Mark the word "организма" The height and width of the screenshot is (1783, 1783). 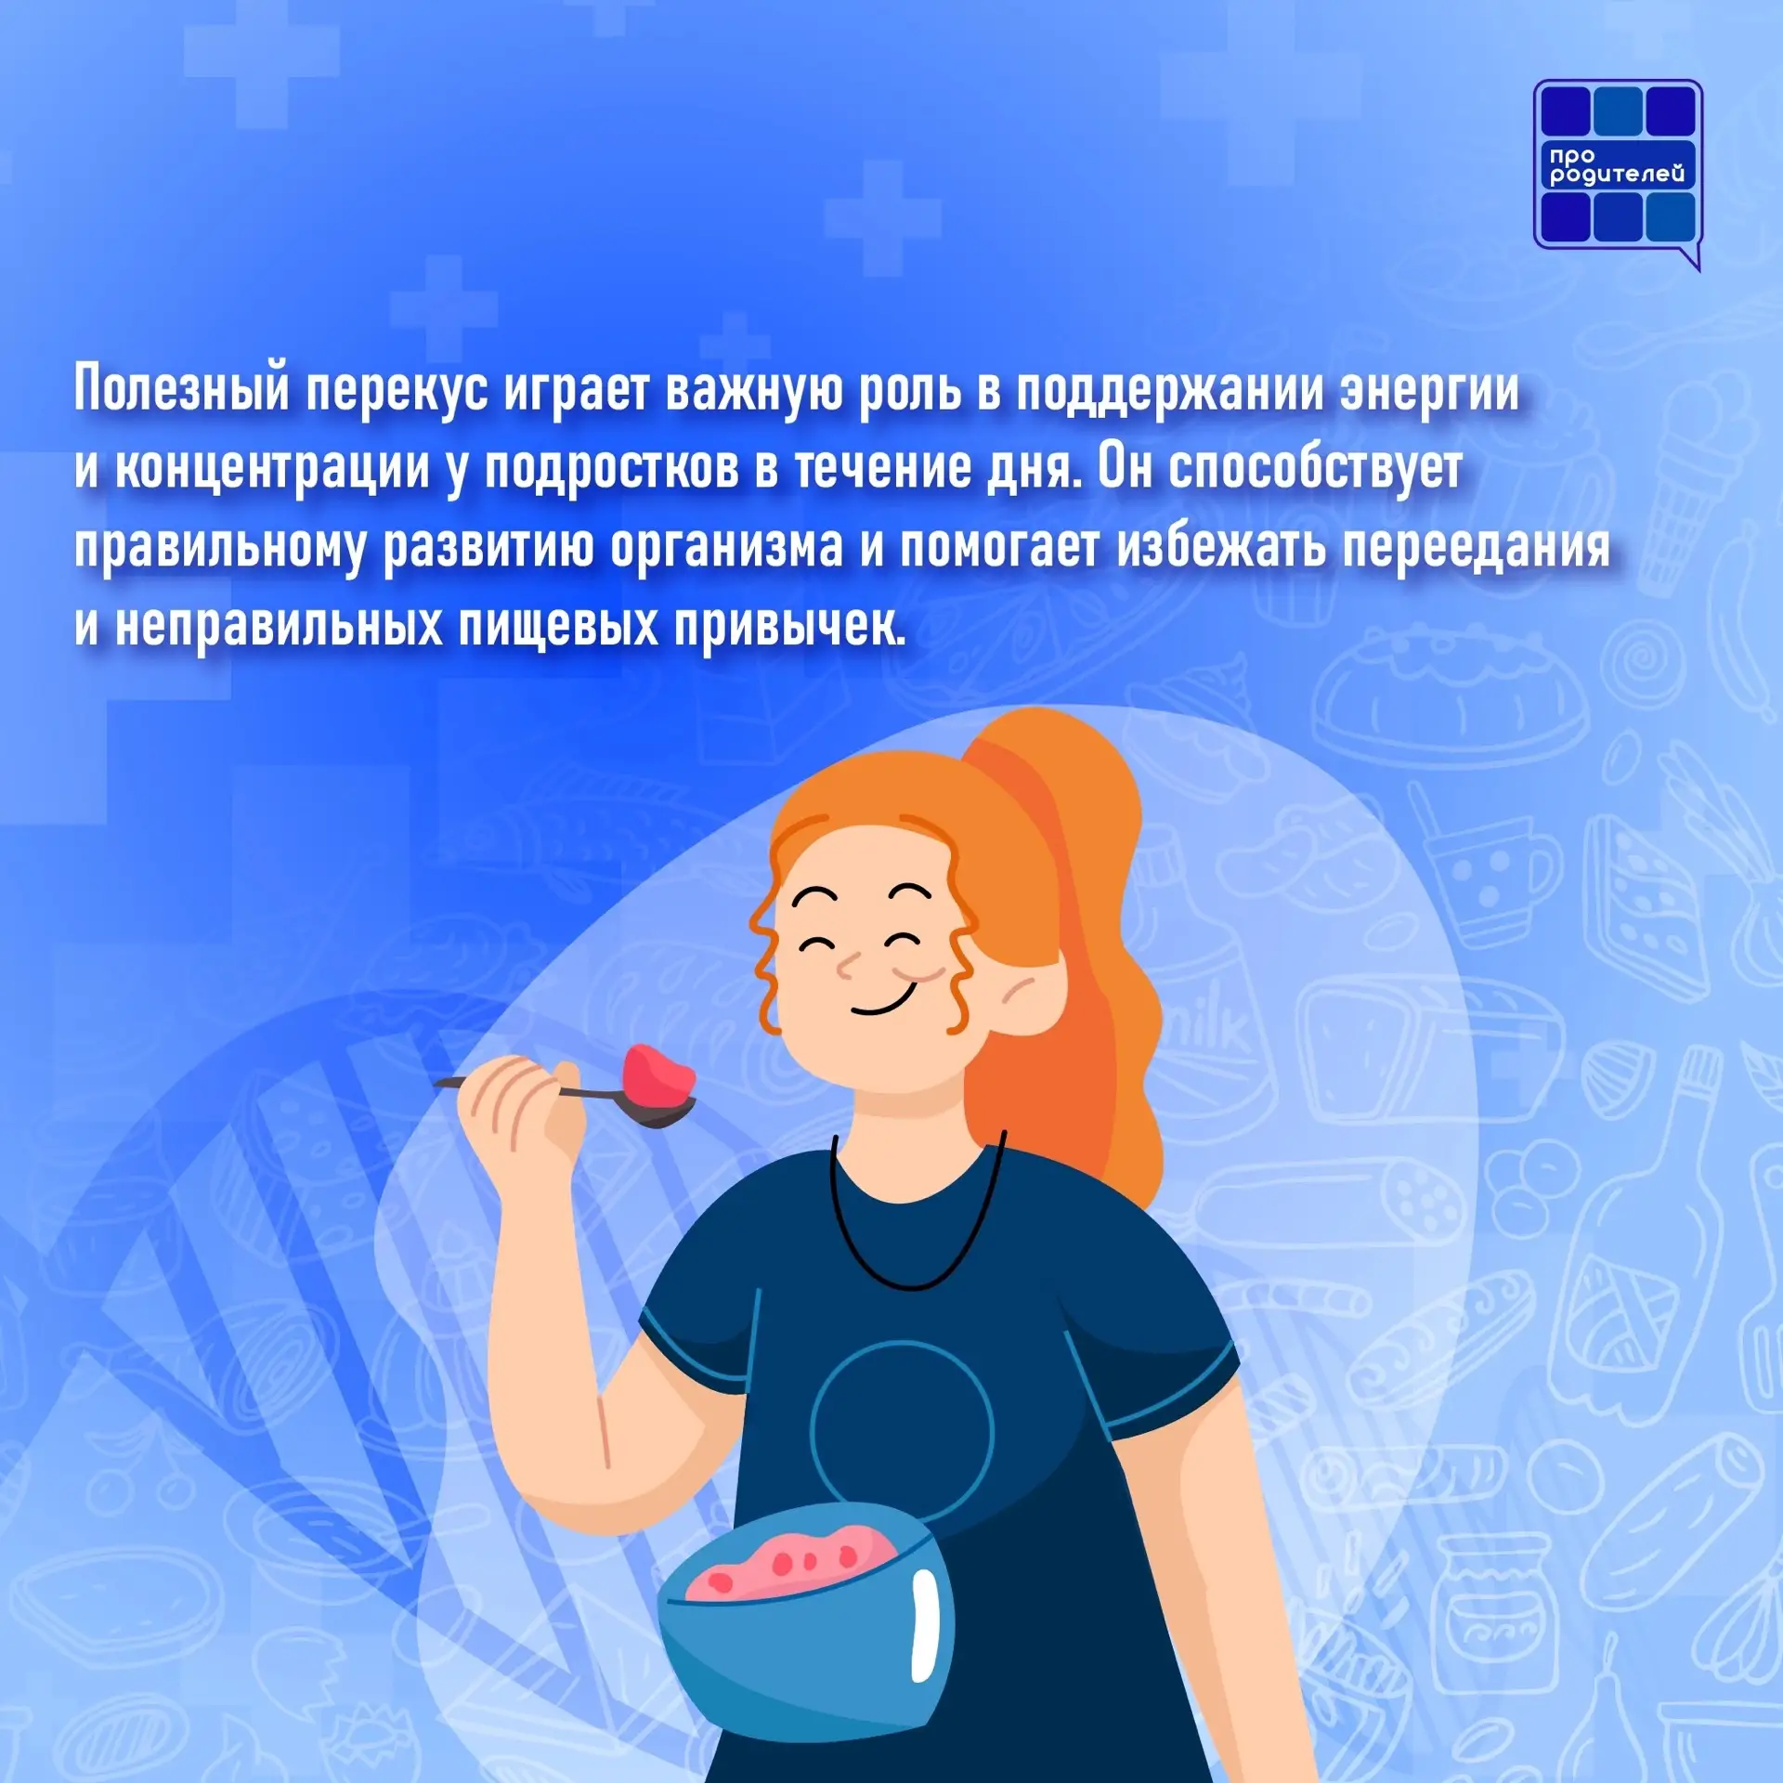[x=726, y=549]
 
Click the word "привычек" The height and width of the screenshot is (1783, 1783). [x=789, y=627]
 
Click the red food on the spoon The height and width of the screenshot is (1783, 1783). [x=659, y=1071]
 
